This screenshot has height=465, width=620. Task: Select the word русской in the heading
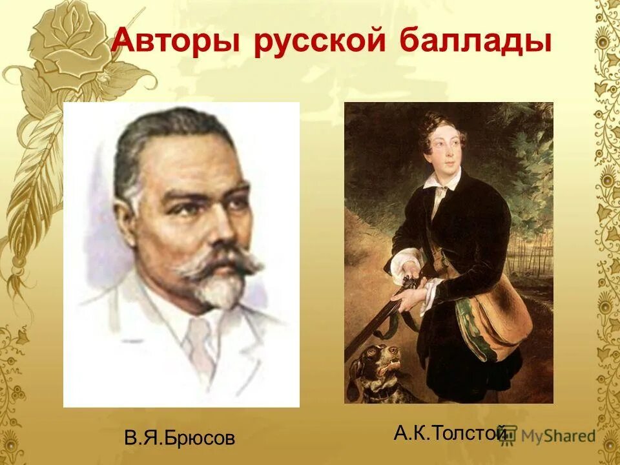[x=319, y=43]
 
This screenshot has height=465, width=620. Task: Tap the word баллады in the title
[x=475, y=43]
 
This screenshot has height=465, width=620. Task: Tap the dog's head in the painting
[x=381, y=362]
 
